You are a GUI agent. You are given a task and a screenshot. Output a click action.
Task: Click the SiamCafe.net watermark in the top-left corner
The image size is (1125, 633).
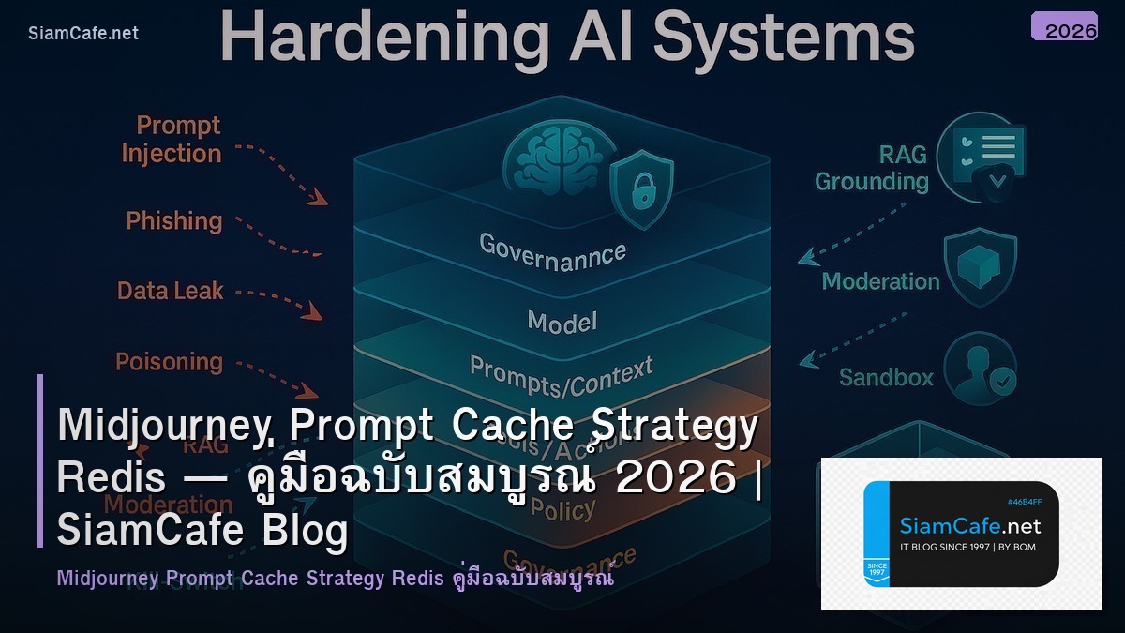click(x=83, y=34)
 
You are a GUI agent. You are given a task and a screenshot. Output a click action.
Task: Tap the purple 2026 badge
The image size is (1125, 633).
click(x=1064, y=27)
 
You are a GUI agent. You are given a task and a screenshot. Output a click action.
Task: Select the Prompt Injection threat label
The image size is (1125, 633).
click(x=172, y=140)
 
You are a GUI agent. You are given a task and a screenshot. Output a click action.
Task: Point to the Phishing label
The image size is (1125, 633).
click(x=174, y=221)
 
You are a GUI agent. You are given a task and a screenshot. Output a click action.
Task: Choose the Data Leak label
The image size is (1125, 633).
click(x=170, y=291)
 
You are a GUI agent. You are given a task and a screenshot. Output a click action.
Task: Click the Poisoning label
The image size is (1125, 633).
click(x=169, y=362)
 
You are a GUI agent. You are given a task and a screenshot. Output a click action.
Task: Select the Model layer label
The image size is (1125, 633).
click(x=562, y=322)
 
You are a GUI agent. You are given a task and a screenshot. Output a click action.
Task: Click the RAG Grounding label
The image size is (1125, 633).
click(x=872, y=168)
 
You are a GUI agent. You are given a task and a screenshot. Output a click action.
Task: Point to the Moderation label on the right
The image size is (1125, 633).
click(x=880, y=281)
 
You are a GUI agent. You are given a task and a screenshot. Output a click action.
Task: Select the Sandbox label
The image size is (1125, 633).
click(x=886, y=378)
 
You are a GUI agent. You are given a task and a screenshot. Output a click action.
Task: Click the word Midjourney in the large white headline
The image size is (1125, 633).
click(x=165, y=427)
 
